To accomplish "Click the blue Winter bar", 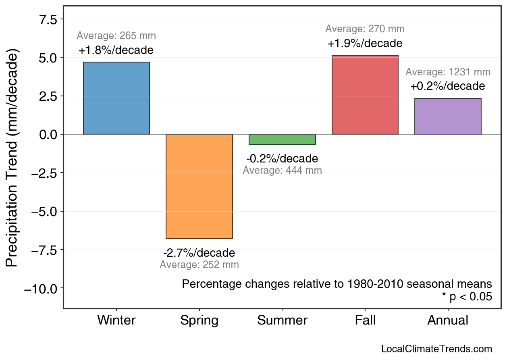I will [x=116, y=98].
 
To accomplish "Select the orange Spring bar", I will [x=199, y=186].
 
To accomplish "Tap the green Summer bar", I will [x=282, y=139].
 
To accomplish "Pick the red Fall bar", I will [x=365, y=95].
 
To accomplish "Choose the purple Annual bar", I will [x=447, y=116].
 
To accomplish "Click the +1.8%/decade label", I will [x=116, y=51].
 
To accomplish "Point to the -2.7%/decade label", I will [x=199, y=253].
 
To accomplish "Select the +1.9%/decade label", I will [x=365, y=44].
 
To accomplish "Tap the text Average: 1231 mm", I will [x=447, y=72].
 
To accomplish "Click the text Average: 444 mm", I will [x=282, y=171].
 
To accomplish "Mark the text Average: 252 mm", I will [x=199, y=265].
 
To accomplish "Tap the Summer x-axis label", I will [x=282, y=320].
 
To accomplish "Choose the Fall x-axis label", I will [x=365, y=320].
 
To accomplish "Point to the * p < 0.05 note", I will [x=467, y=297].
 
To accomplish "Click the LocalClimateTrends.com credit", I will [x=436, y=349].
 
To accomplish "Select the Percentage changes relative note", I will [x=337, y=284].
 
